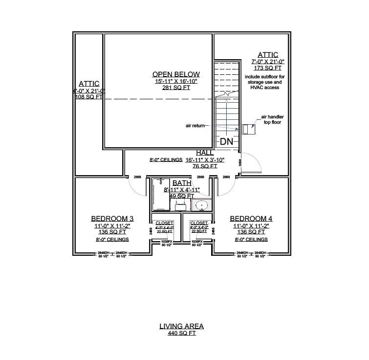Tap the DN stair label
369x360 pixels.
pyautogui.click(x=226, y=142)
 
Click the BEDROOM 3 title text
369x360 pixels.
pyautogui.click(x=112, y=219)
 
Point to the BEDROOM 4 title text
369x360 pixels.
pyautogui.click(x=251, y=219)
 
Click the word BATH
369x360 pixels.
pyautogui.click(x=182, y=183)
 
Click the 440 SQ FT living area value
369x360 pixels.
pyautogui.click(x=181, y=333)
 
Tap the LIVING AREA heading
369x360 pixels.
pyautogui.click(x=181, y=326)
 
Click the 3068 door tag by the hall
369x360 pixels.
pyautogui.click(x=239, y=162)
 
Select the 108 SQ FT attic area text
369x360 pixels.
pyautogui.click(x=88, y=97)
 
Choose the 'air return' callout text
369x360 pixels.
pyautogui.click(x=195, y=126)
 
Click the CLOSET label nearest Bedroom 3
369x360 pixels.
pyautogui.click(x=164, y=223)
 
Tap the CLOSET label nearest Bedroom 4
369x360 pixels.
pyautogui.click(x=199, y=223)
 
